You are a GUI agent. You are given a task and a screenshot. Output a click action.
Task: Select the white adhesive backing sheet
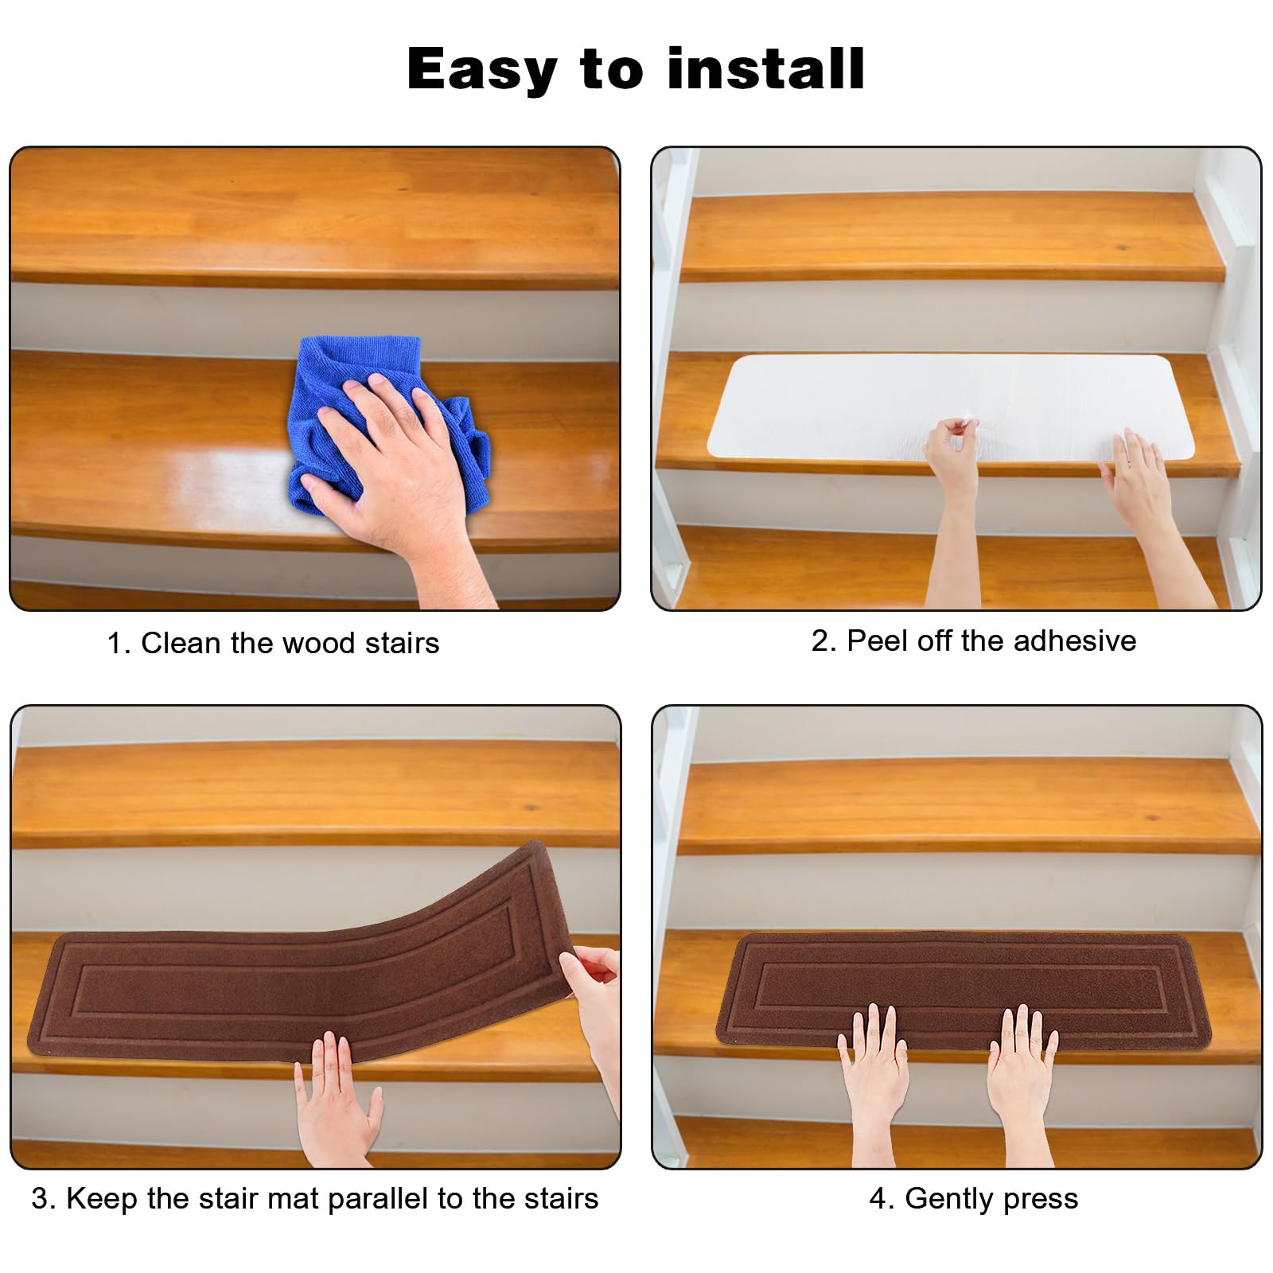[x=951, y=406]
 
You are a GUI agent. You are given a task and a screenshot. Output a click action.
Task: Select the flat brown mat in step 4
[x=964, y=991]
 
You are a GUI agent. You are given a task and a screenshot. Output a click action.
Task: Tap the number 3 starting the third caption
[x=39, y=1199]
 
